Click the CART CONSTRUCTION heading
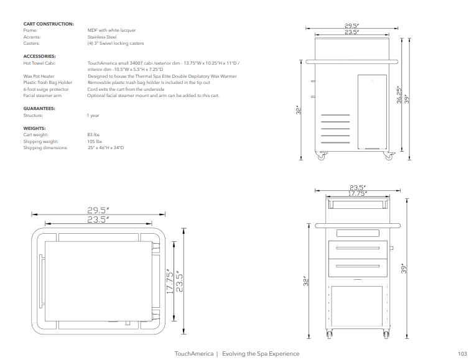point(49,24)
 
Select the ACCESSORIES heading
point(39,57)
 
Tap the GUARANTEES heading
point(39,109)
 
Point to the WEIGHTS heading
point(35,129)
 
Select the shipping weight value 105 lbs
point(95,142)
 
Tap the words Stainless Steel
point(102,37)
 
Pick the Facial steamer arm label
point(42,96)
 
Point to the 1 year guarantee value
point(93,116)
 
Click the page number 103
point(462,354)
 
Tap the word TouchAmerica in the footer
point(193,354)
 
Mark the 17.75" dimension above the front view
point(356,193)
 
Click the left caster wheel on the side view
point(322,157)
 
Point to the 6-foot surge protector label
point(46,90)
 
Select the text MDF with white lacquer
point(112,30)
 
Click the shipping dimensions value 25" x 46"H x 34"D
point(106,148)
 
